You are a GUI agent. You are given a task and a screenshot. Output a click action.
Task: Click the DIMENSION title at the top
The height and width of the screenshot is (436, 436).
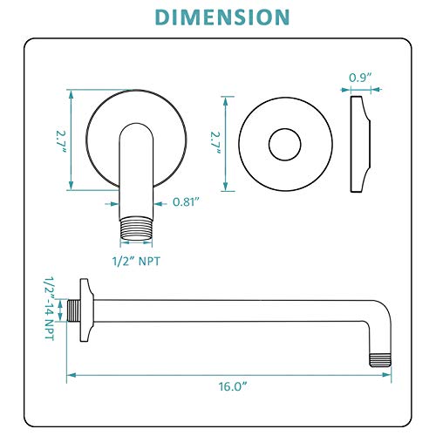[218, 17]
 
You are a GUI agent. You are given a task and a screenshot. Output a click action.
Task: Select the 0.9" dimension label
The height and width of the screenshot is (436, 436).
[360, 77]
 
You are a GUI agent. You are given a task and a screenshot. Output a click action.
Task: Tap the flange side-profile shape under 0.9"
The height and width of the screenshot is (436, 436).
[359, 144]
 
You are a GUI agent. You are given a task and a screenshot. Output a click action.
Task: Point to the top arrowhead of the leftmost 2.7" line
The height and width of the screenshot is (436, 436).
[70, 92]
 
